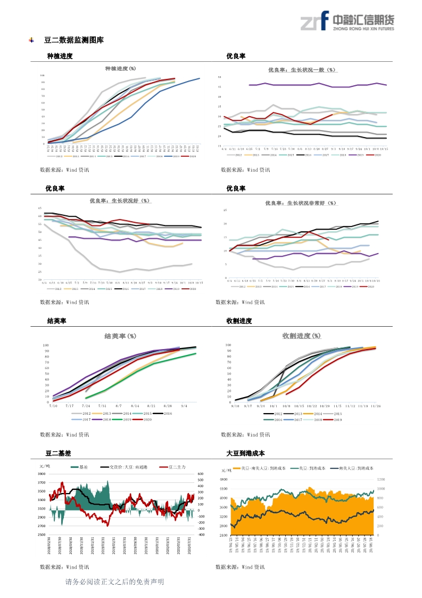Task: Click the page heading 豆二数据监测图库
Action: [74, 40]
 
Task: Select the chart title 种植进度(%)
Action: [120, 68]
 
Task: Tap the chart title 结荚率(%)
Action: [120, 336]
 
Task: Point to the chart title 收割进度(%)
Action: [301, 335]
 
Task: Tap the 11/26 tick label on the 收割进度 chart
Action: [376, 406]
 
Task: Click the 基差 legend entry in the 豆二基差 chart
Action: [80, 467]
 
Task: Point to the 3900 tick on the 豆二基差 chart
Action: [42, 474]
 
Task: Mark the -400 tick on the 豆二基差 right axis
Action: [201, 534]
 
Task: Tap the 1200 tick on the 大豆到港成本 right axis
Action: [381, 479]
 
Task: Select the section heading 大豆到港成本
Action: [245, 454]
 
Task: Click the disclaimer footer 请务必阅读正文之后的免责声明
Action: [114, 581]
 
